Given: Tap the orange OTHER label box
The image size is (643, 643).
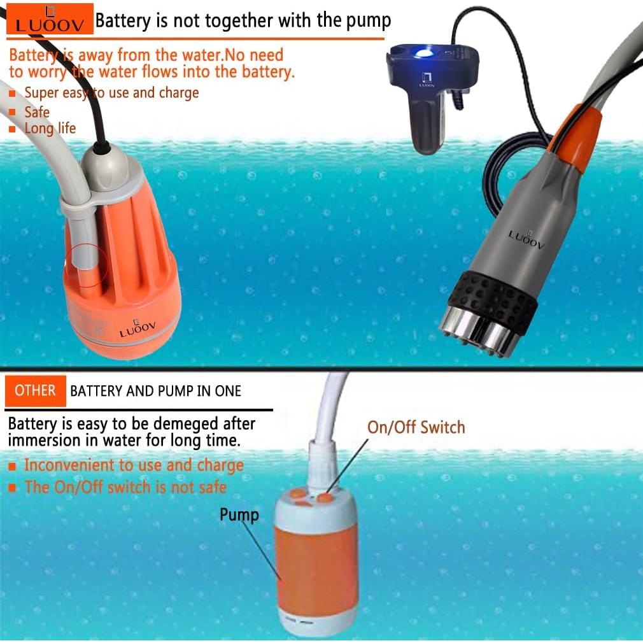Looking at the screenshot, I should coord(36,390).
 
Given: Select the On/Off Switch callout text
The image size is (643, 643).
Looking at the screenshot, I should coord(416,427).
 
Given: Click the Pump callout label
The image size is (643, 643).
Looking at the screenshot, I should coord(239,514).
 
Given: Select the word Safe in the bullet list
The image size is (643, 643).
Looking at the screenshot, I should coord(37,112).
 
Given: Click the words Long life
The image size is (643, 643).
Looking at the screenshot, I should coord(50,129).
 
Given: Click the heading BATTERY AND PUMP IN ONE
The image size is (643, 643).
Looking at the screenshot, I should coord(155,391).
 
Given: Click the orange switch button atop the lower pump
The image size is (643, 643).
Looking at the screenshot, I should coord(325,498).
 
